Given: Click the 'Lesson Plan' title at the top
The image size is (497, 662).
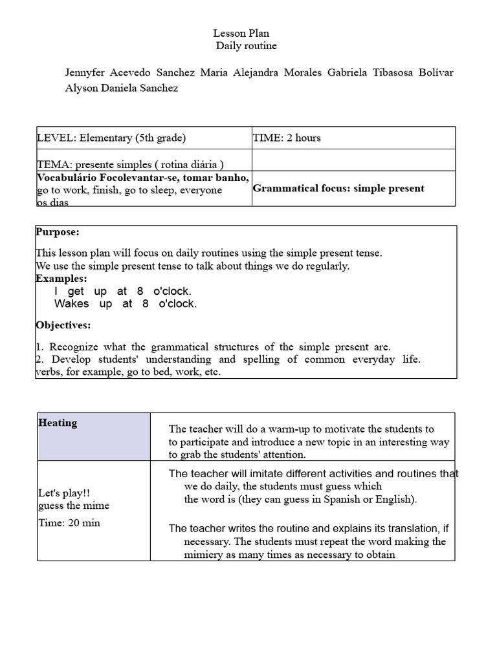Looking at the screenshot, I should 241,33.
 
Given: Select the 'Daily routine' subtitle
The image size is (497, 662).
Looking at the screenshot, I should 246,46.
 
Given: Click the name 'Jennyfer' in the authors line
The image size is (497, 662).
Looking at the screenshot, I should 86,72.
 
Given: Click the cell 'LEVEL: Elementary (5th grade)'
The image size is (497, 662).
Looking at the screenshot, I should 111,138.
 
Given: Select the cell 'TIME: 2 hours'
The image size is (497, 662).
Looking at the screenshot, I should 287,138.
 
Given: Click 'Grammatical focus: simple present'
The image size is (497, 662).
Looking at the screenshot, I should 338,188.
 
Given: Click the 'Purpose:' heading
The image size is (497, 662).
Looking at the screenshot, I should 58,232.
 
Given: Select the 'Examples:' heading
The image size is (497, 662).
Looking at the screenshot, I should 61,278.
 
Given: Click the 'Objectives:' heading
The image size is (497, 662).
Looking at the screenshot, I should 63,325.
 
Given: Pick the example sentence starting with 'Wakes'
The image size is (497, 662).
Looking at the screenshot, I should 126,304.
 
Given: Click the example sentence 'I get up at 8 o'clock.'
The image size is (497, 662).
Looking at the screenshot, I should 123,291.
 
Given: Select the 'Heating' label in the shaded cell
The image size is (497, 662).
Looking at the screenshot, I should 58,423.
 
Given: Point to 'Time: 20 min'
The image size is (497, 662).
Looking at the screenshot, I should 69,523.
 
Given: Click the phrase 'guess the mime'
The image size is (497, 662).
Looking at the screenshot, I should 74,506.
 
